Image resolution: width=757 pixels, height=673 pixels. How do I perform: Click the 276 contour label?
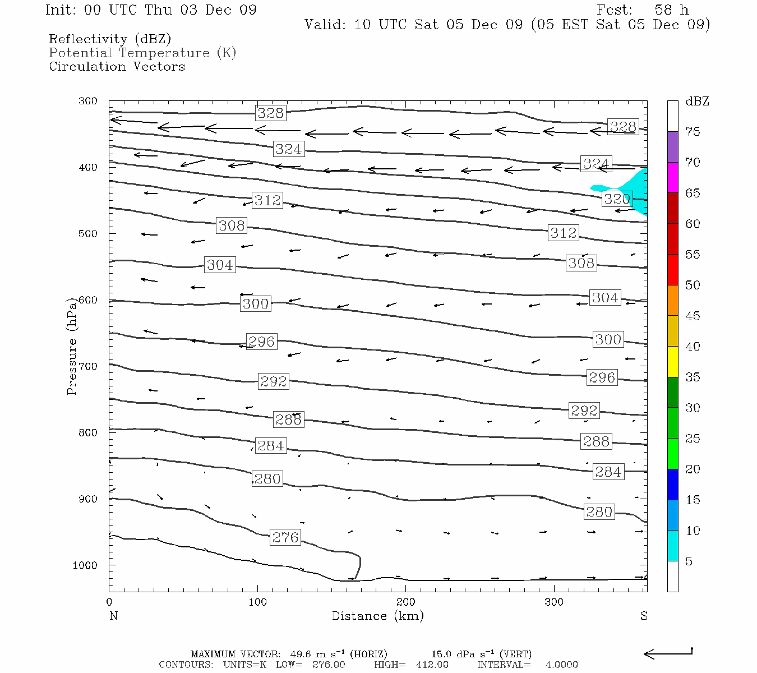[x=285, y=537]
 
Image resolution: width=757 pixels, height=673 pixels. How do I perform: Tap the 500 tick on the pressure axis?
[x=88, y=234]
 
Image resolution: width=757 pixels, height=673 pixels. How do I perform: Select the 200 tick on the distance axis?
[x=405, y=602]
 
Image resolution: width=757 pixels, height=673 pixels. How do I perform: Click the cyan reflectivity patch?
[x=636, y=191]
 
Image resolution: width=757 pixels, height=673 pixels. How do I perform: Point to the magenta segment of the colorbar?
[x=672, y=177]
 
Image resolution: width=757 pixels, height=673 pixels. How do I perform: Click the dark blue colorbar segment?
[x=672, y=484]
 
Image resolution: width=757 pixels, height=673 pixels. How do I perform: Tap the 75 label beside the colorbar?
[x=693, y=132]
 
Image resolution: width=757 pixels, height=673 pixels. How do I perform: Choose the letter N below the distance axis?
[x=113, y=616]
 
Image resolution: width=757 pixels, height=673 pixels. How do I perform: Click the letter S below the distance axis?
[x=644, y=616]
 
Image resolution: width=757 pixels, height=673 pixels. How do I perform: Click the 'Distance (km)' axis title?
[x=377, y=616]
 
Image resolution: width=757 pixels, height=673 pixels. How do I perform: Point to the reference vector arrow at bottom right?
[x=668, y=653]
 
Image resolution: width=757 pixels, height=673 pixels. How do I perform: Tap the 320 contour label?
[x=617, y=199]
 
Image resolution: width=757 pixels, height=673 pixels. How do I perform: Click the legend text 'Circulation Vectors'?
[x=117, y=66]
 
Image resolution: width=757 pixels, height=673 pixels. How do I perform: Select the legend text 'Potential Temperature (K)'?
[x=142, y=53]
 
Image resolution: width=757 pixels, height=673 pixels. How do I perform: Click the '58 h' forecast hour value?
[x=671, y=10]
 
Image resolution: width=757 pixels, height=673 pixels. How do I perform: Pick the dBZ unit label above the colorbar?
[x=697, y=102]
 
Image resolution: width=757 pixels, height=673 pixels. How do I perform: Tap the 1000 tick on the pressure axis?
[x=85, y=565]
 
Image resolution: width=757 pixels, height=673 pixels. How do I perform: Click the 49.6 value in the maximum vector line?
[x=300, y=654]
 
